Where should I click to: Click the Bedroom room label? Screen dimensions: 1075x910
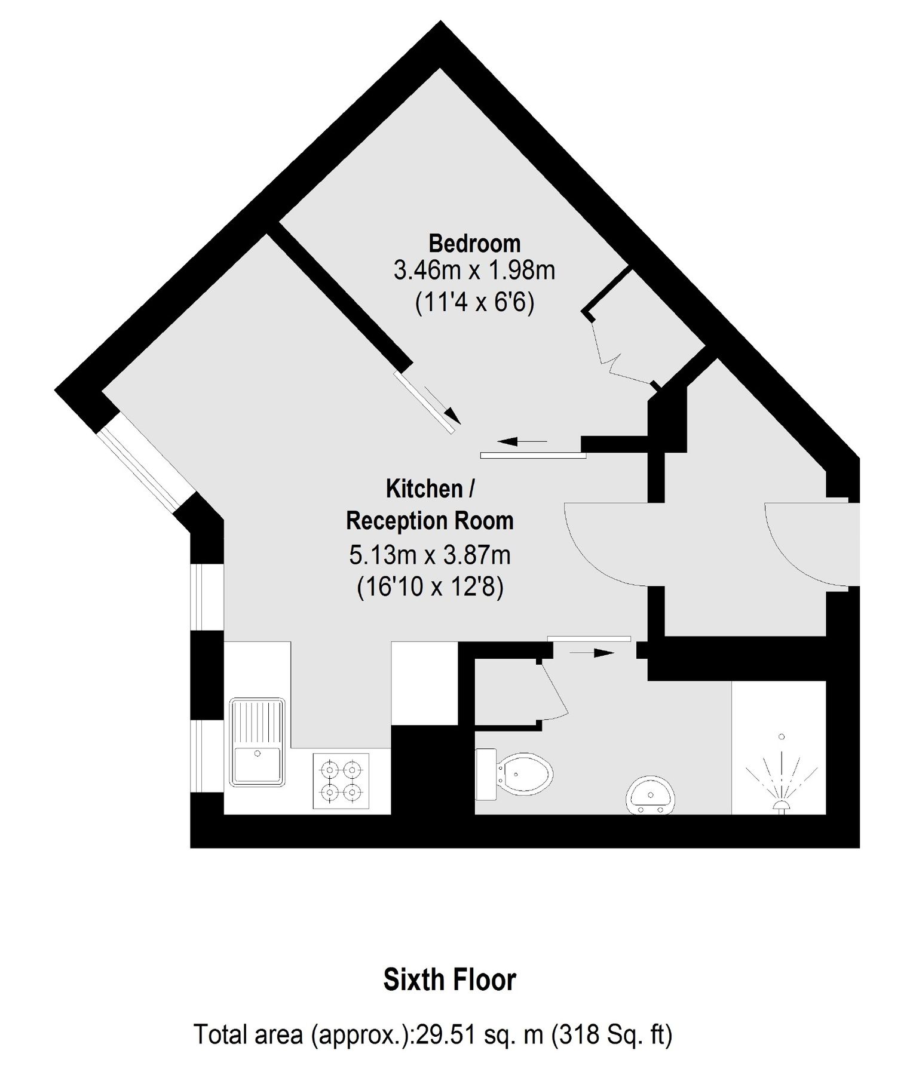click(474, 244)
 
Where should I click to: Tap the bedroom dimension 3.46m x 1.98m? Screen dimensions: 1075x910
click(474, 271)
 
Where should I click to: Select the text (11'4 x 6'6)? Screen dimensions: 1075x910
click(474, 303)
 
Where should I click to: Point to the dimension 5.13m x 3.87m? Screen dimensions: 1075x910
click(430, 555)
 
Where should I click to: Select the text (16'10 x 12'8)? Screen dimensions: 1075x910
click(430, 588)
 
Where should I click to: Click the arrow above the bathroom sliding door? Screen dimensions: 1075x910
click(592, 653)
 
